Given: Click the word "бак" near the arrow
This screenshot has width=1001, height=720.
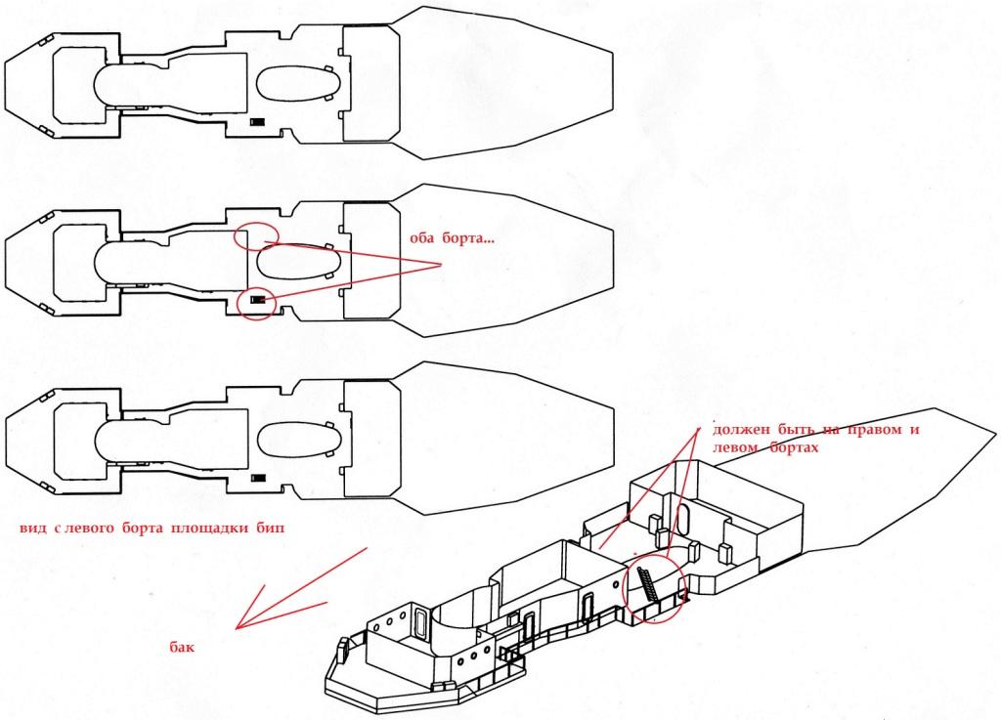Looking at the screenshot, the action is [183, 646].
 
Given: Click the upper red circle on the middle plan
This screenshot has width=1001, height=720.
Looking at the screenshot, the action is [257, 235].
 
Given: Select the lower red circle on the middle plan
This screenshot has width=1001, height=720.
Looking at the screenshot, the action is [258, 301].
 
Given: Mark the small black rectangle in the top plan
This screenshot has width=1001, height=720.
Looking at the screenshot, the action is [258, 122].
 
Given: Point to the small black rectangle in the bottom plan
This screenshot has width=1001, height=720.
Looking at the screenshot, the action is [258, 478].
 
